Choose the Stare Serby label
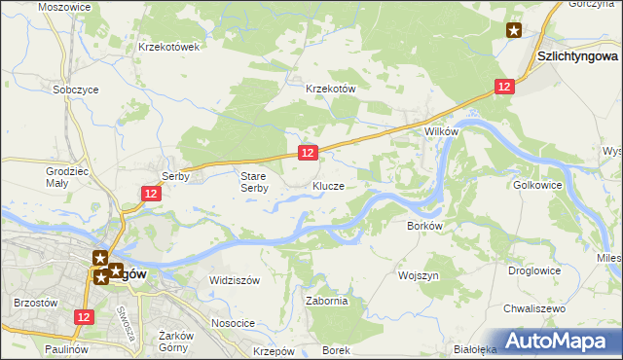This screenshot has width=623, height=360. click(x=254, y=182)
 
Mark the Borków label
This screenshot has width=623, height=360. click(x=424, y=225)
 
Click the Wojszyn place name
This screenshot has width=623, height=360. click(x=421, y=275)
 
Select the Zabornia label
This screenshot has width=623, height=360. click(x=327, y=301)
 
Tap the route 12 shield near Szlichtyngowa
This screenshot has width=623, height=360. click(x=502, y=87)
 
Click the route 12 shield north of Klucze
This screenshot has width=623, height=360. click(x=307, y=153)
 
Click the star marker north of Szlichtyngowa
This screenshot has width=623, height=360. click(x=514, y=30)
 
